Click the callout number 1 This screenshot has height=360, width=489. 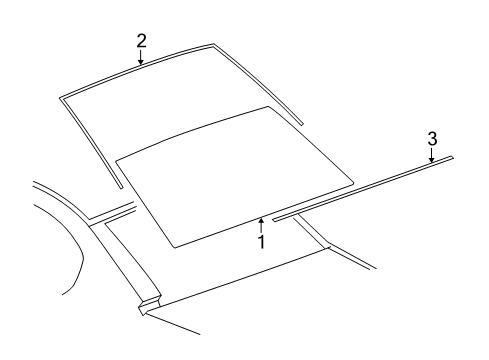(x=262, y=242)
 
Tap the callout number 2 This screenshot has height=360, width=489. (x=141, y=40)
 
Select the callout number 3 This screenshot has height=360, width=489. (x=432, y=136)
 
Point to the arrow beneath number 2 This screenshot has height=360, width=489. (x=141, y=58)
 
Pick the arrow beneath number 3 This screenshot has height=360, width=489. (x=432, y=154)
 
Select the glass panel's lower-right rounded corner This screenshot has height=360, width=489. (x=352, y=181)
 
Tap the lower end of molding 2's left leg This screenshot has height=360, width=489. (x=121, y=187)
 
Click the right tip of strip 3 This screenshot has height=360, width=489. (x=452, y=157)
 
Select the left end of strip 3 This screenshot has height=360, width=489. (x=273, y=217)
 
